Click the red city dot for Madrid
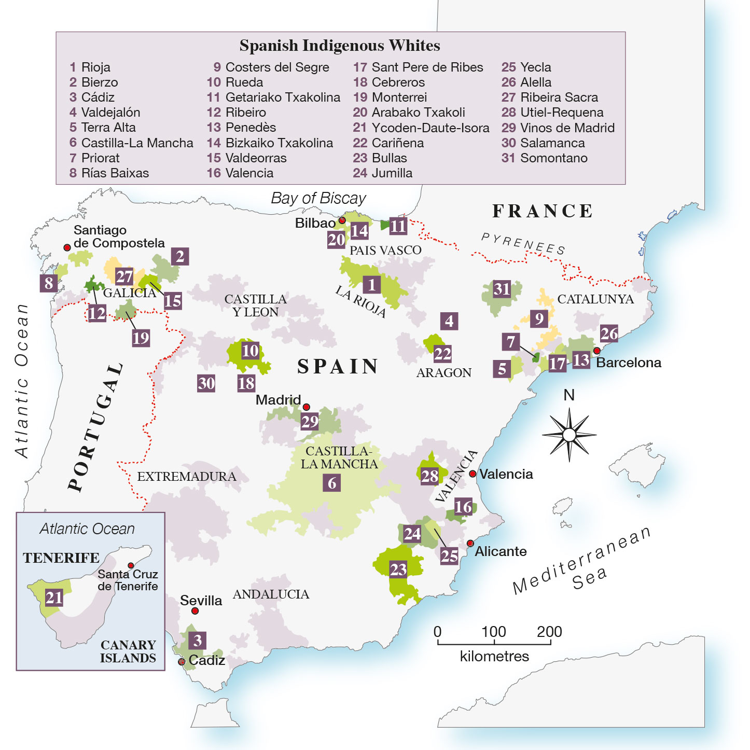(307, 407)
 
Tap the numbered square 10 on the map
(250, 351)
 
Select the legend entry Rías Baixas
(109, 173)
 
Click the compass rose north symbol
(569, 433)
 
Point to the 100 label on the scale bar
(493, 632)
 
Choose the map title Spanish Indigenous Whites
(340, 46)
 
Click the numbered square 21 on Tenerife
(54, 598)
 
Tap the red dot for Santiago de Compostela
(67, 248)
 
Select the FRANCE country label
(542, 211)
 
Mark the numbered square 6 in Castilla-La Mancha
(332, 483)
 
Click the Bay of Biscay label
(318, 198)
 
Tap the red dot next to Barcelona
(597, 351)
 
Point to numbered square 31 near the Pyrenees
(502, 289)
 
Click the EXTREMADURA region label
(186, 477)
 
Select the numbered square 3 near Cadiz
(197, 641)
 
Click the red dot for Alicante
(470, 544)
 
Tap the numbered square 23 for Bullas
(398, 570)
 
